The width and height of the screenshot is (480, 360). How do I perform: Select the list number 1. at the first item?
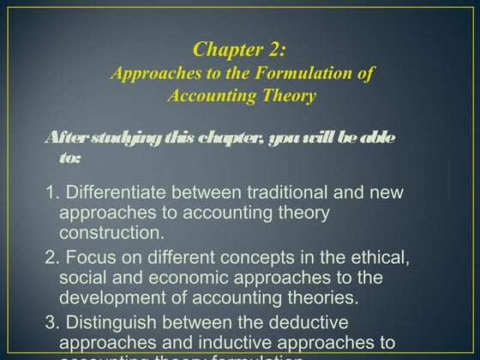(x=52, y=192)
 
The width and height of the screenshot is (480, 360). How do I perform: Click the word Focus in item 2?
(x=87, y=257)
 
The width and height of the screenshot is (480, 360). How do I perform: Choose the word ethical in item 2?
(x=373, y=257)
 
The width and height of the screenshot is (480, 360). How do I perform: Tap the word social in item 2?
(x=81, y=278)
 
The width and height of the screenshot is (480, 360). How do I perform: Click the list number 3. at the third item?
(x=52, y=323)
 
